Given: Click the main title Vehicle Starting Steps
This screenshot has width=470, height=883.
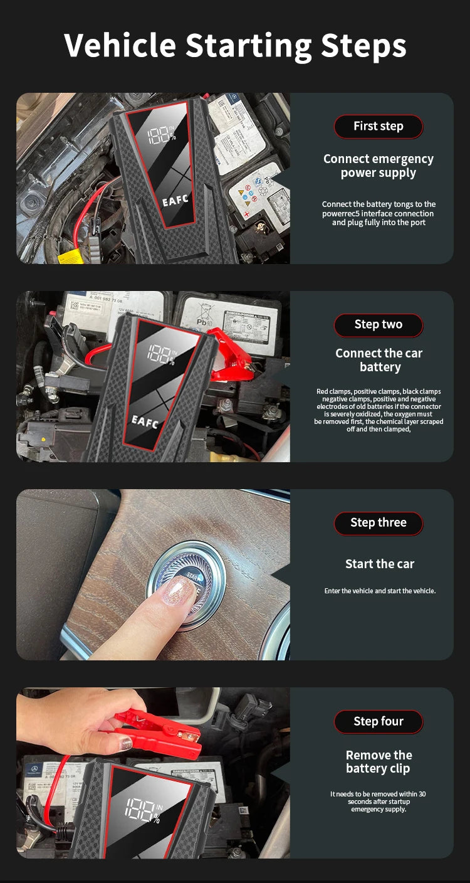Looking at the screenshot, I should [235, 45].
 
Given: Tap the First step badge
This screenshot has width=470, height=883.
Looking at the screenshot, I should [378, 126].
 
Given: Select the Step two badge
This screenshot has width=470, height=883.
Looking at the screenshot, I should [378, 325].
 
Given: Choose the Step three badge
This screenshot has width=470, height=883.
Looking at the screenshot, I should [378, 523].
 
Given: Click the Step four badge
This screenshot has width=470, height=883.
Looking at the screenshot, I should [378, 721].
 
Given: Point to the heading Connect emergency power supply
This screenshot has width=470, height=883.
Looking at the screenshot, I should [378, 166].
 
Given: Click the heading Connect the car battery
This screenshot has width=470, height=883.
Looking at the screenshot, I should [379, 360].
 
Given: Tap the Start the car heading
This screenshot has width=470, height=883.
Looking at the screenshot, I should [379, 564].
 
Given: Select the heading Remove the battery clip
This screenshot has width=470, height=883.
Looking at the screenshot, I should [379, 761].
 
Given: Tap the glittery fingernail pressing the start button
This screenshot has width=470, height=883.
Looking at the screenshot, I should [178, 590].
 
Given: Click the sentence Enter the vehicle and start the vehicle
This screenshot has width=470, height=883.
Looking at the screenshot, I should [379, 591].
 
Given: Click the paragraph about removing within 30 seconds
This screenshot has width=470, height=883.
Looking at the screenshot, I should [378, 801].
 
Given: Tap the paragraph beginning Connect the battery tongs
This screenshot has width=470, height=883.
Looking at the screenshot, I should [378, 213].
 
